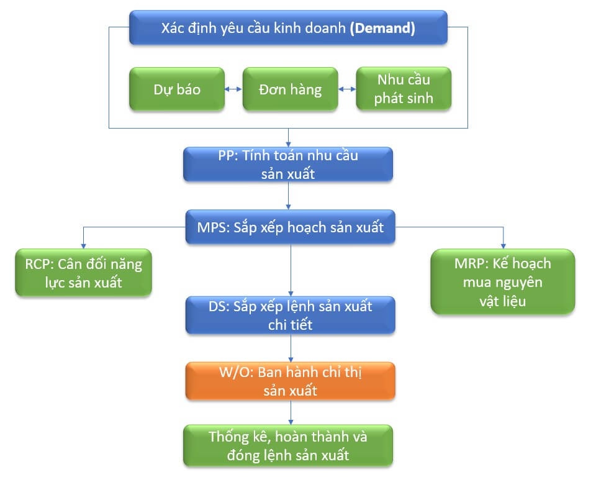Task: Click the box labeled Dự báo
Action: pos(177,89)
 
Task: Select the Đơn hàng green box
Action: pos(290,89)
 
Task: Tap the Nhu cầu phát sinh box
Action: pos(403,89)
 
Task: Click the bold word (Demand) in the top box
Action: pos(382,28)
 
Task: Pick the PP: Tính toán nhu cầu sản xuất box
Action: pos(288,165)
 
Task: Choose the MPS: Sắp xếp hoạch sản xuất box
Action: pos(290,227)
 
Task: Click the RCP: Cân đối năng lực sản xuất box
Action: pos(83,273)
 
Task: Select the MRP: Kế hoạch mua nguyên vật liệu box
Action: pos(503,281)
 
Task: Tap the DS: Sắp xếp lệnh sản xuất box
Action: pos(290,315)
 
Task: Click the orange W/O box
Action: pos(290,381)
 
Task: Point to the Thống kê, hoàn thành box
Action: pos(288,445)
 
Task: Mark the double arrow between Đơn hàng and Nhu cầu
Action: pos(346,90)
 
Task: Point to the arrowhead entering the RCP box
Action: pos(83,245)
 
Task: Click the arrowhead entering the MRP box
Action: pos(503,245)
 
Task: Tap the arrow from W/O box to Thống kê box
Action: pos(290,412)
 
